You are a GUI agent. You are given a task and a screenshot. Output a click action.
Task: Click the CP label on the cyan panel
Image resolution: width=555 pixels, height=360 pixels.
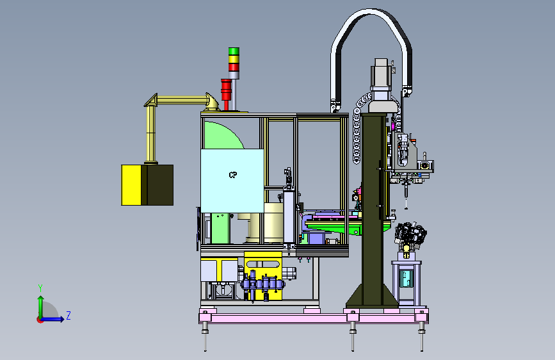pyautogui.click(x=233, y=175)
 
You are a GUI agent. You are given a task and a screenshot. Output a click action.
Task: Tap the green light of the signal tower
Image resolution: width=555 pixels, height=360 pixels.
pyautogui.click(x=234, y=51)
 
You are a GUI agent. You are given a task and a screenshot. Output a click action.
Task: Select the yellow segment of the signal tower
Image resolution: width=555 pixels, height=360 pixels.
pyautogui.click(x=234, y=59)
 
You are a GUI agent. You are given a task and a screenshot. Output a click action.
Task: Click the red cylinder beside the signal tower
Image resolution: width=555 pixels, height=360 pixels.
pyautogui.click(x=226, y=90)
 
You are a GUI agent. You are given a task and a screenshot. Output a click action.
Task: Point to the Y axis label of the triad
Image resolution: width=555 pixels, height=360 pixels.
pyautogui.click(x=40, y=288)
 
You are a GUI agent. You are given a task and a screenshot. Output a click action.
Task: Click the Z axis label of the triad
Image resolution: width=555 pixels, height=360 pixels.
pyautogui.click(x=68, y=315)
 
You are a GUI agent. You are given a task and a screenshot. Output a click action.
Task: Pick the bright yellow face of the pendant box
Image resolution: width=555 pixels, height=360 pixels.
pyautogui.click(x=131, y=185)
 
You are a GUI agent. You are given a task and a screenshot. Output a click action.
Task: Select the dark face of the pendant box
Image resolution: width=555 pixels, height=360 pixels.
pyautogui.click(x=160, y=185)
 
